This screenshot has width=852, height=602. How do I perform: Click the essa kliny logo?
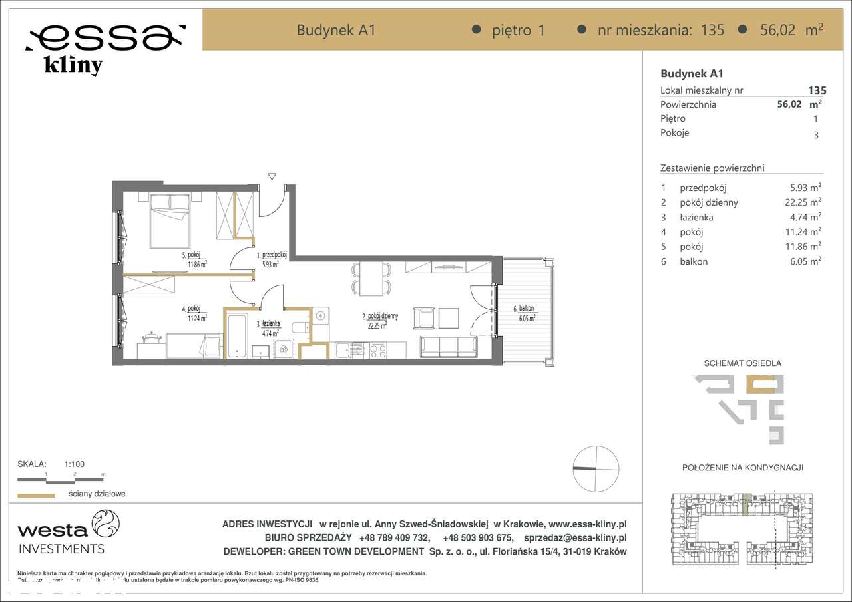(105, 47)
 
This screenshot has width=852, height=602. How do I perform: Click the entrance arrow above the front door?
(272, 176)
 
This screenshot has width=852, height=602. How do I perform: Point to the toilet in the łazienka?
(301, 327)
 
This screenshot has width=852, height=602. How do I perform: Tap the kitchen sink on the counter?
(347, 350)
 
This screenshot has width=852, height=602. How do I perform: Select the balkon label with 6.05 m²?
(524, 313)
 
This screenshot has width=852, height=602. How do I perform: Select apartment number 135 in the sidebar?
(817, 90)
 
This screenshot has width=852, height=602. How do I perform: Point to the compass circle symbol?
(596, 469)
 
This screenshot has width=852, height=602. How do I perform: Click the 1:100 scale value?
(74, 464)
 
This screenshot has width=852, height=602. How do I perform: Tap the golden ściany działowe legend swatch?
(35, 495)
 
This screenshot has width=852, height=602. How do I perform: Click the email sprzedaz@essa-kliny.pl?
(575, 538)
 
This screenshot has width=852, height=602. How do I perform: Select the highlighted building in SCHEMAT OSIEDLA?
(759, 385)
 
